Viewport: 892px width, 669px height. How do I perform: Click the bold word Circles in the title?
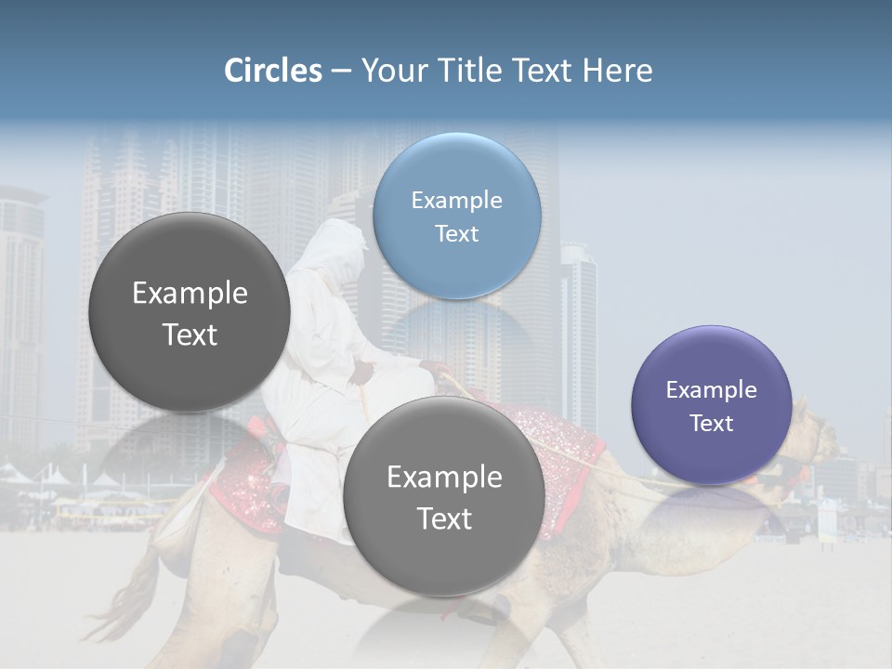coord(272,71)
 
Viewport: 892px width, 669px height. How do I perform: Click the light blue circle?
coord(456,216)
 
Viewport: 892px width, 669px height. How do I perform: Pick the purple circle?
coord(711,405)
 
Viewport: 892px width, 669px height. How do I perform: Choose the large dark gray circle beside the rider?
coord(190,313)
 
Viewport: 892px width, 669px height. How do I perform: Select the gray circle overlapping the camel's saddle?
coord(443,496)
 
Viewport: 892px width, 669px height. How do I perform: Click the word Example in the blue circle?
coord(456,200)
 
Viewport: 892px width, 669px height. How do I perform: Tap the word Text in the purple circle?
coord(711,423)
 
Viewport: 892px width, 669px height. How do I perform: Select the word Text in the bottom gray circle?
coord(443,518)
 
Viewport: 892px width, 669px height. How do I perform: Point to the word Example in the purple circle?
coord(711,389)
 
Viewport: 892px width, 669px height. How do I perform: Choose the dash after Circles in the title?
coord(340,72)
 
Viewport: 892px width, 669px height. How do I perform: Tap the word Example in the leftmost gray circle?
coord(190,294)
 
